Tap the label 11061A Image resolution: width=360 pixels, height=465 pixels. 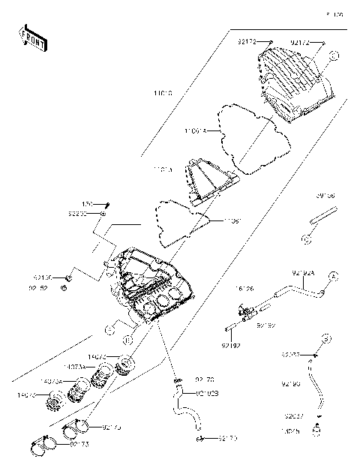pyautogui.click(x=193, y=130)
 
